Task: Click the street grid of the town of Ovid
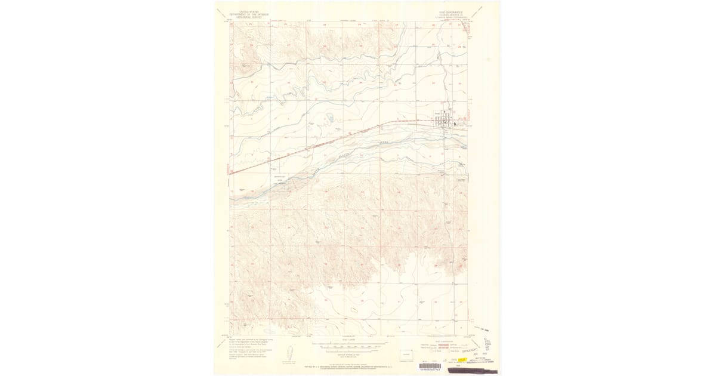point(445,121)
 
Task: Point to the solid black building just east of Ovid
point(456,125)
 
